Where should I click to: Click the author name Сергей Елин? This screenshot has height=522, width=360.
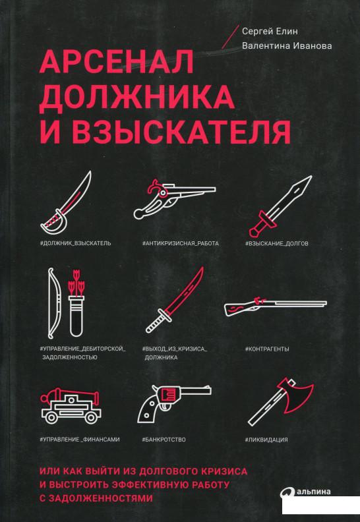(270, 31)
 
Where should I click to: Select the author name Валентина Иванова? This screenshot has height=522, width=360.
(287, 46)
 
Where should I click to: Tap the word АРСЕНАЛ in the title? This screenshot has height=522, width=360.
(117, 62)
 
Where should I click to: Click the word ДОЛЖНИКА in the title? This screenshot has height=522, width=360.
(137, 96)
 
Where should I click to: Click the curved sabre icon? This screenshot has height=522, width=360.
(66, 202)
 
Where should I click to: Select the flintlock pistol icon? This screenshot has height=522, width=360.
(175, 198)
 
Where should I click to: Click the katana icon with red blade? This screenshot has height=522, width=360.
(175, 300)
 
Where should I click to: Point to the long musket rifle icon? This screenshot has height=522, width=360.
(276, 305)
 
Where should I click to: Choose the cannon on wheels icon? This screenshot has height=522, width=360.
(71, 406)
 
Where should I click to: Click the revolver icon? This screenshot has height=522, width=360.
(175, 403)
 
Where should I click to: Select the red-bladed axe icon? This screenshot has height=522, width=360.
(281, 401)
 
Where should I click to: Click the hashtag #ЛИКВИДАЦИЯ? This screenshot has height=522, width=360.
(266, 440)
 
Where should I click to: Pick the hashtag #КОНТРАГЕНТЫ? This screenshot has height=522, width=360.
(267, 349)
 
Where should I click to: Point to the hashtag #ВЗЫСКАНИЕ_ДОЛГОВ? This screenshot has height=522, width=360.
(277, 244)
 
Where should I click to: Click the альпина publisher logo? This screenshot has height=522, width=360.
(306, 492)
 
